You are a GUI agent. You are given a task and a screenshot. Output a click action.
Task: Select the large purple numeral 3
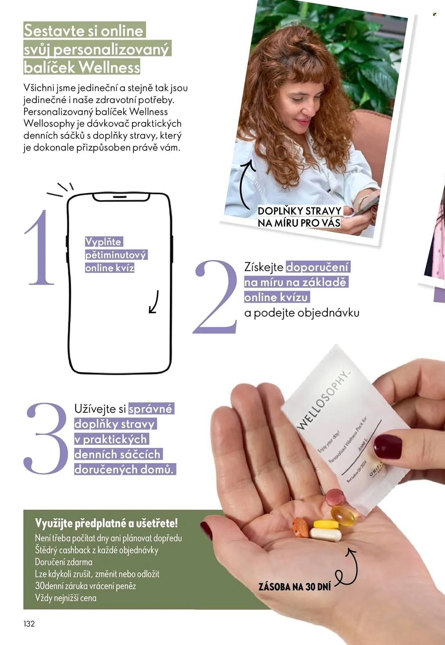[x=46, y=439]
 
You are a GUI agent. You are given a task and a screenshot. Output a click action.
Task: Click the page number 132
[x=29, y=624]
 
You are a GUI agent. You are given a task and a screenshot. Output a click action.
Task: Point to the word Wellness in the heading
[x=109, y=67]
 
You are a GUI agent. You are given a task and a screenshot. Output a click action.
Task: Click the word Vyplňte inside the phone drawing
[x=103, y=242]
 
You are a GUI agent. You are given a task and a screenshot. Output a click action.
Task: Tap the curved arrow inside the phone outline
[x=154, y=302]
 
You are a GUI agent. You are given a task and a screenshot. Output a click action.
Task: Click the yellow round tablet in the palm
[x=326, y=524]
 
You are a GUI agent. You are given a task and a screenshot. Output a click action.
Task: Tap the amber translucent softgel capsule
[x=343, y=515]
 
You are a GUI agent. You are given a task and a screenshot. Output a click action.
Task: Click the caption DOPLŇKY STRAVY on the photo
[x=299, y=211]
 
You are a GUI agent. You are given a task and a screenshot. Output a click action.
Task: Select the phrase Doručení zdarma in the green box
[x=63, y=562]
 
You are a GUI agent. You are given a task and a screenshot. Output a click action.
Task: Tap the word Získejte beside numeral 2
[x=264, y=267]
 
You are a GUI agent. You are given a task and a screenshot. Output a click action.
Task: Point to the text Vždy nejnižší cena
[x=66, y=598]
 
